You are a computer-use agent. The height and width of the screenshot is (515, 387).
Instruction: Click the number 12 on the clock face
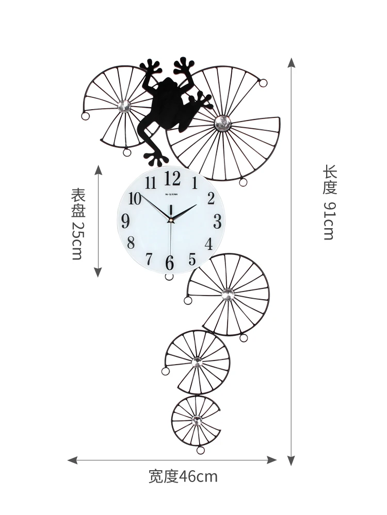click(x=172, y=179)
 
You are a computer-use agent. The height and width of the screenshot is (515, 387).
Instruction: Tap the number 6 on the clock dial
click(x=170, y=262)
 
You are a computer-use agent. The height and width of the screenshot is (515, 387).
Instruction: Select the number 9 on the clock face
click(x=125, y=221)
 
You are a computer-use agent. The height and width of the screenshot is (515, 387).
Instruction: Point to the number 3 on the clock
click(x=217, y=221)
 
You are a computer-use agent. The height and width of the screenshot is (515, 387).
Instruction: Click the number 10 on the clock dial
click(x=135, y=198)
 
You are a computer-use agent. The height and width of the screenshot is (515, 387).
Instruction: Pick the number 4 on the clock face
click(x=208, y=244)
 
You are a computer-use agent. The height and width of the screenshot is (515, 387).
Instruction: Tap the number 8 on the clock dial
click(x=131, y=242)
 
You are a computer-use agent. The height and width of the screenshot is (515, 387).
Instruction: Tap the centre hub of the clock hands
click(x=170, y=220)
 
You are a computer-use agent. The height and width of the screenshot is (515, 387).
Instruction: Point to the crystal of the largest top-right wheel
click(x=222, y=122)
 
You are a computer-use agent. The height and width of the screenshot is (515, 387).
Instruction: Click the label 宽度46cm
click(x=183, y=476)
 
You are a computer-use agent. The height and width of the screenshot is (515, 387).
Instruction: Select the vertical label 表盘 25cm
click(x=77, y=224)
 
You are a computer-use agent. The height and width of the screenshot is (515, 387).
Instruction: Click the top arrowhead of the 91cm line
click(x=292, y=63)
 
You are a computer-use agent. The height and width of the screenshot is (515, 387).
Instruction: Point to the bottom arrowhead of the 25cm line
click(x=98, y=273)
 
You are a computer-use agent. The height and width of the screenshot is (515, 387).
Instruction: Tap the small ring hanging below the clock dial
click(x=169, y=277)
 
